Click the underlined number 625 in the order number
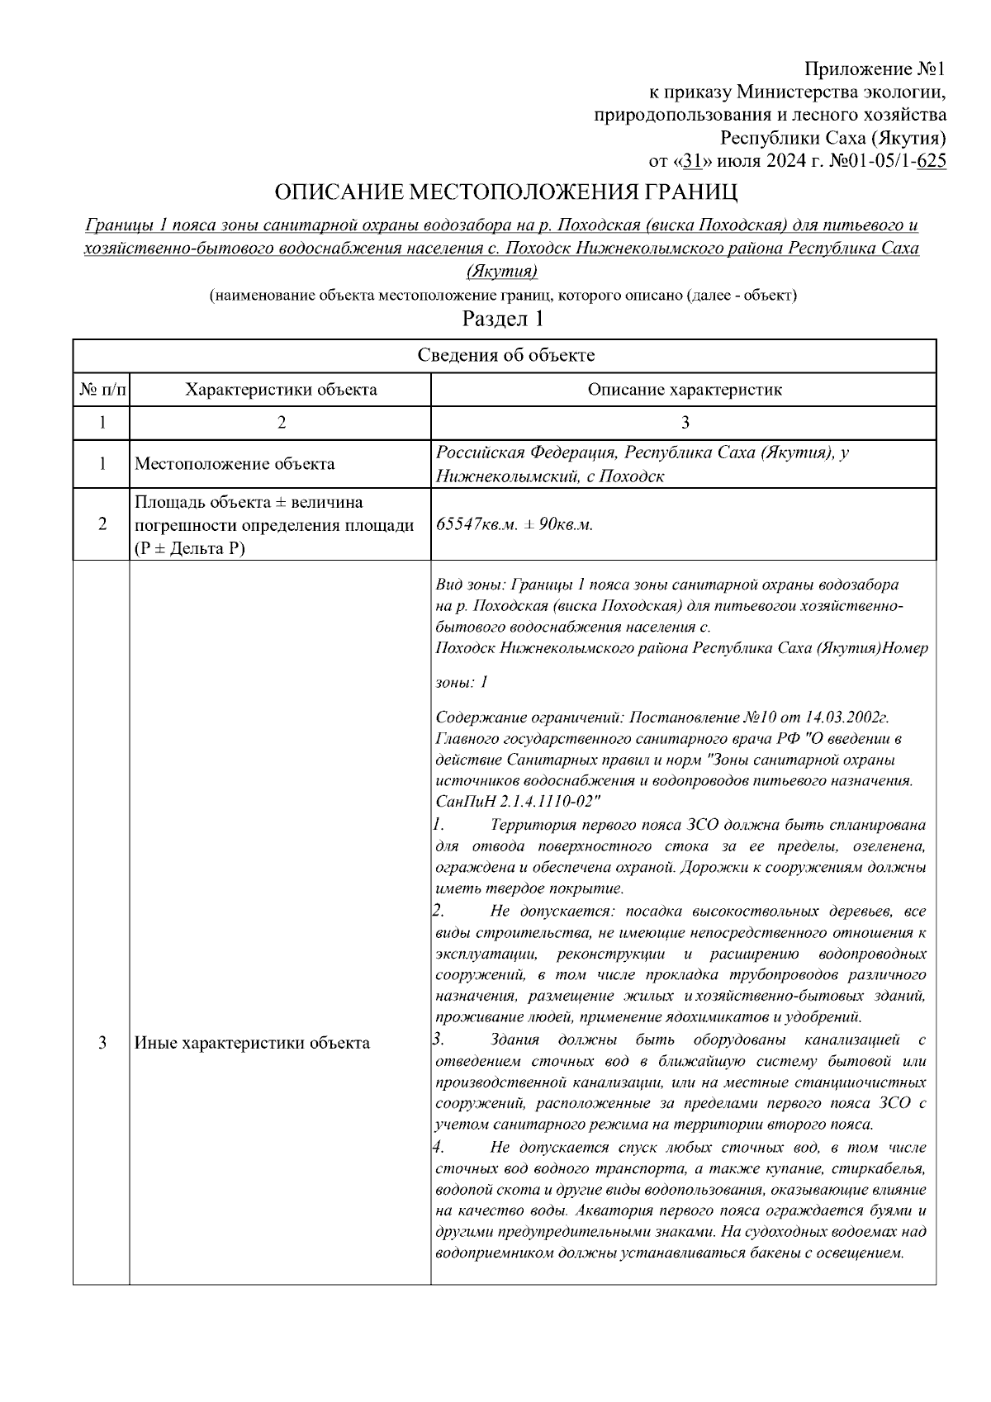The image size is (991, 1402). tap(932, 161)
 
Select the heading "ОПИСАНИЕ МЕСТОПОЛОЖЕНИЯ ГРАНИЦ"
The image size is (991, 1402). tap(505, 193)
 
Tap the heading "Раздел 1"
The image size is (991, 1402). tap(503, 318)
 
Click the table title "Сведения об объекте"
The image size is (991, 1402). tap(505, 356)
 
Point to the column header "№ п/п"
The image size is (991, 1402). tap(102, 390)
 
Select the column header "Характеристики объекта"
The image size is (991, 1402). tap(281, 390)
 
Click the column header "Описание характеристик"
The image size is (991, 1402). tap(684, 390)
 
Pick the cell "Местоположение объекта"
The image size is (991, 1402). tap(235, 464)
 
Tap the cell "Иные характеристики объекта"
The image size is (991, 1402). tap(252, 1043)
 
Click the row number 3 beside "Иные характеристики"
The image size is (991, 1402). tap(102, 1043)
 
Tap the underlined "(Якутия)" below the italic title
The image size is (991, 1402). tap(503, 271)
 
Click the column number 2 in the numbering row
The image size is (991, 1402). tap(281, 423)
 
